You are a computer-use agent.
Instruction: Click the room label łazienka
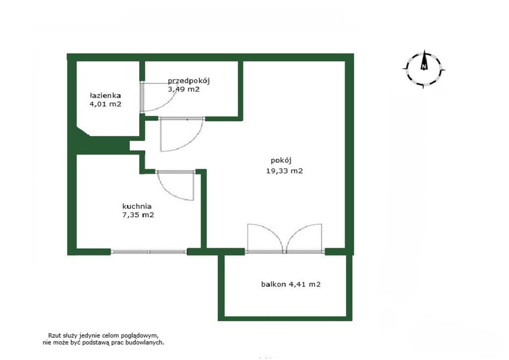coord(105,95)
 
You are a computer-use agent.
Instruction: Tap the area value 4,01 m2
coord(105,104)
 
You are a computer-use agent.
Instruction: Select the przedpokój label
coord(189,81)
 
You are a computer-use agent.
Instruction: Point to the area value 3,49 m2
coord(183,89)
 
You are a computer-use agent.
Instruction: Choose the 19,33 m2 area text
coord(284,171)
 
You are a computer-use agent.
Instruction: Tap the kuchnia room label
coord(137,206)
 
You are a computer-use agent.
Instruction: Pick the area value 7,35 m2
coord(138,215)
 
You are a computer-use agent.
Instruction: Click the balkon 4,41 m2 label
coord(291,284)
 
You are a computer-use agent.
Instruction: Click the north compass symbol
coord(424,70)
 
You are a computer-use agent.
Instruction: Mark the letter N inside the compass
coord(424,67)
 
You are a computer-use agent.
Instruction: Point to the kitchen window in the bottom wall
coord(149,252)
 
